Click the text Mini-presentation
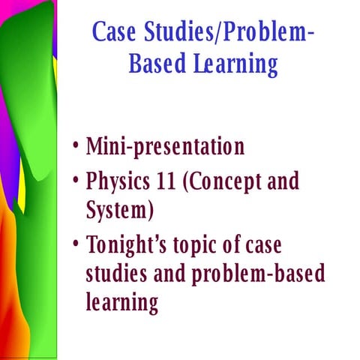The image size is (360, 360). point(165,145)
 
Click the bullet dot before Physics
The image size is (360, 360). point(77,181)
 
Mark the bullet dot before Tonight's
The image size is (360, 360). point(77,245)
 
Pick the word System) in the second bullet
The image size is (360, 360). point(121,210)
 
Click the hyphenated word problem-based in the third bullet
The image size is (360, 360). point(256,274)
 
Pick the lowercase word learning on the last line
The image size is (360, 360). point(122,302)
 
